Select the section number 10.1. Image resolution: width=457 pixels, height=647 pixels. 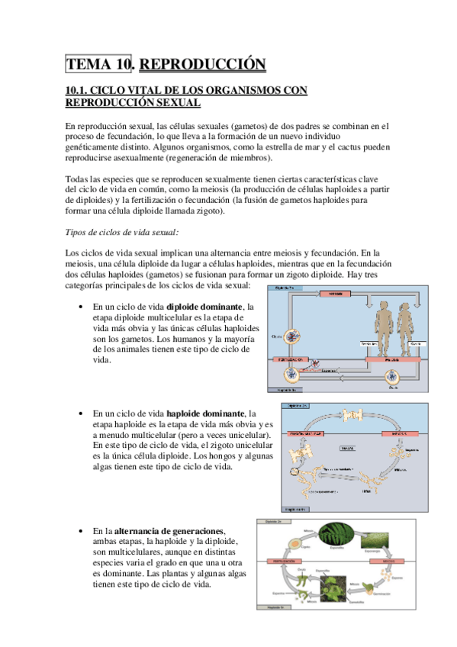tap(80, 90)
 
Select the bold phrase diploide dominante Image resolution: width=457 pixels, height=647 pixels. tap(203, 307)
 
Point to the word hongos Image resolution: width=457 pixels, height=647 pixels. tap(205, 455)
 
